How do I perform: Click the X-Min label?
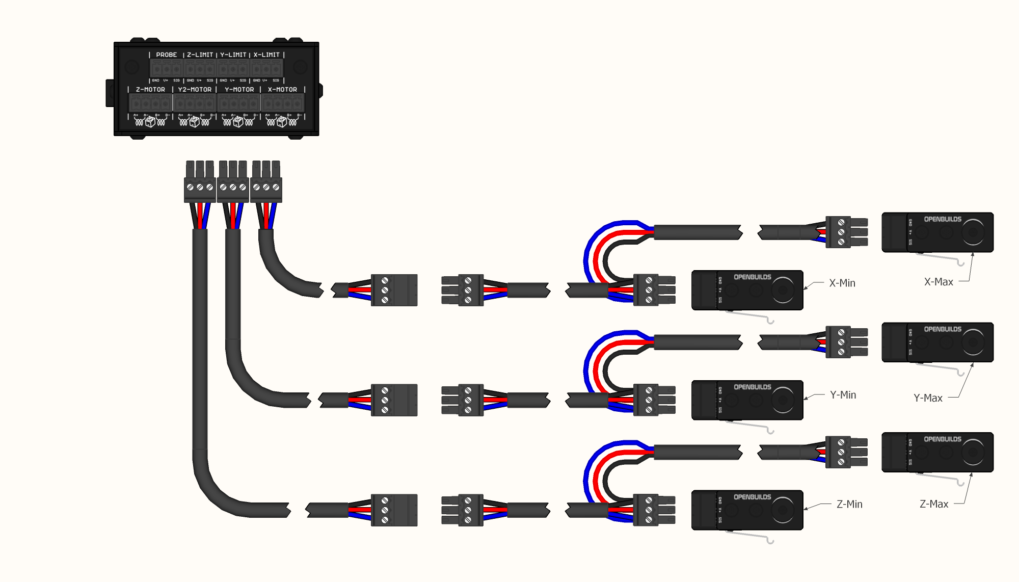(x=842, y=283)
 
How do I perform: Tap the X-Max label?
(x=938, y=282)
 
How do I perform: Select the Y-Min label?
(x=843, y=395)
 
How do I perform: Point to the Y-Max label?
(x=927, y=398)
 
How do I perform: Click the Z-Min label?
(x=849, y=504)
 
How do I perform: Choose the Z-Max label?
(x=933, y=504)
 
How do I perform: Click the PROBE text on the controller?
(x=166, y=55)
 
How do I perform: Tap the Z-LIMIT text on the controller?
(x=200, y=55)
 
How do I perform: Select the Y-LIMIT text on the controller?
(x=233, y=55)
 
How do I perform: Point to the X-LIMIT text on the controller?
(x=266, y=55)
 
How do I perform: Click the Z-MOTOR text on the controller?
(x=150, y=89)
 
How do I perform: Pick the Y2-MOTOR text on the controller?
(x=195, y=89)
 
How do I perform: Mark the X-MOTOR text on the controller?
(x=282, y=89)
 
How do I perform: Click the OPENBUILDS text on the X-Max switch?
(x=943, y=219)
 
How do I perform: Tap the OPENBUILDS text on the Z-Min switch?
(x=752, y=497)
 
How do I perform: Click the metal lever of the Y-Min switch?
(x=749, y=426)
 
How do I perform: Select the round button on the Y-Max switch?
(x=973, y=342)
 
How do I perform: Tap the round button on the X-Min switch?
(x=783, y=290)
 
